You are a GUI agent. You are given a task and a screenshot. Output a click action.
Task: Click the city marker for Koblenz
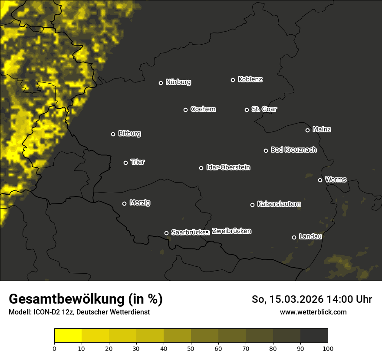(233, 80)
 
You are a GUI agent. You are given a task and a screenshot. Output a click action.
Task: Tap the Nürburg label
(178, 82)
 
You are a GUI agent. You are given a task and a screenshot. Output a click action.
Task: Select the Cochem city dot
(185, 110)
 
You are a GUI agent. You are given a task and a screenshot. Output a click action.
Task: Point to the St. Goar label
(264, 109)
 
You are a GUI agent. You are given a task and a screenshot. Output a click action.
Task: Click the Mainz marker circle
(307, 130)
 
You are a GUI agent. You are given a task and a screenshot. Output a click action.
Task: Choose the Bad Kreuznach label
(293, 150)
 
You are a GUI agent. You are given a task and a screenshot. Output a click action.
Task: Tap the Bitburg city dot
(113, 134)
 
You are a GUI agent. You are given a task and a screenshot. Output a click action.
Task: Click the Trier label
(138, 162)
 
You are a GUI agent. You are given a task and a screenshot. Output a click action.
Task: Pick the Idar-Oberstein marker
(201, 168)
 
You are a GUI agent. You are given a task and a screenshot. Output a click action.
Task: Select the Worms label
(336, 179)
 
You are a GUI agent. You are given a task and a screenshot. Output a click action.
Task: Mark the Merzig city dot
(124, 203)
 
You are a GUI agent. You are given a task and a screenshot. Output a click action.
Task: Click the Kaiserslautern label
(279, 204)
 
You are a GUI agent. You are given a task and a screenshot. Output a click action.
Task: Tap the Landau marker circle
(294, 237)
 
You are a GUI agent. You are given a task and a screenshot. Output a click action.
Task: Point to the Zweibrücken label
(231, 231)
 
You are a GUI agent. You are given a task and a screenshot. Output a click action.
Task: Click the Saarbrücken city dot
(166, 233)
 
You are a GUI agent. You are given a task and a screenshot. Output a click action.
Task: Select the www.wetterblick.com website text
(313, 312)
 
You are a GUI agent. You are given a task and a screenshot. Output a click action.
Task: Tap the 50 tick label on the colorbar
(191, 348)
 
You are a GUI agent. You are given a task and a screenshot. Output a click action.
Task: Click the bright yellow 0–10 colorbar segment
(68, 336)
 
